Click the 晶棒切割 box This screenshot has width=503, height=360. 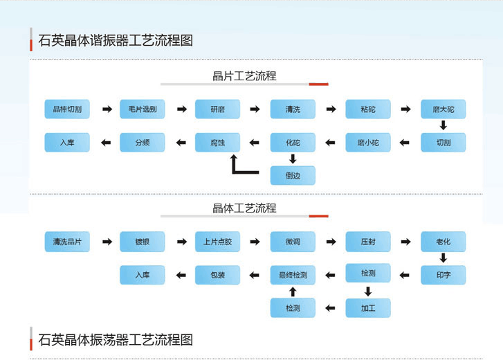coord(67,109)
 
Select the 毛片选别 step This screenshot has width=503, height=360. coord(143,109)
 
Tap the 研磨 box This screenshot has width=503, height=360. coord(217,109)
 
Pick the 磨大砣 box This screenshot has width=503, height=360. coord(443,109)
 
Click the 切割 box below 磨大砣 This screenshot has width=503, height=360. coord(443,143)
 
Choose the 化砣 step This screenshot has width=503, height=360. coord(293,143)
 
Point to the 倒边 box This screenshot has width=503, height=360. coord(293,175)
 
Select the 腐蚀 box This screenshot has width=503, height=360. coord(217,143)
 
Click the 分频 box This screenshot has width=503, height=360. coord(143,143)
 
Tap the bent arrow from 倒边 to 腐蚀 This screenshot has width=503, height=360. coord(242,166)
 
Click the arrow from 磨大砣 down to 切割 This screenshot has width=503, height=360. coord(443,126)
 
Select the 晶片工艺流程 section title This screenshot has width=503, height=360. coord(244,76)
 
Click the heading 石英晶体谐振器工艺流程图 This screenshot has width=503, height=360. coord(116,40)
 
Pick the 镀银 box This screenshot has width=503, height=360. coord(143,242)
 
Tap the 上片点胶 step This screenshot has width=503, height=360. coord(217,242)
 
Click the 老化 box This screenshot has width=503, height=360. coord(443,242)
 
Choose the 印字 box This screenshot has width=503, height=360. coord(443,275)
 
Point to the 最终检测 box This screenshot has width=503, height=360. coord(293,275)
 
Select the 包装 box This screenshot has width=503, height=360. coord(217,275)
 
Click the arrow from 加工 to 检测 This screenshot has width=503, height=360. coord(330,307)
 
